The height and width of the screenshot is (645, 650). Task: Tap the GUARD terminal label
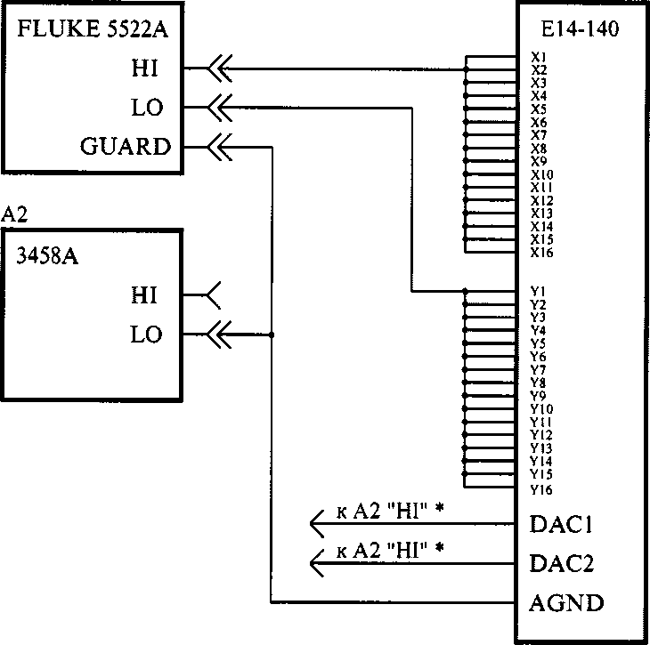[126, 147]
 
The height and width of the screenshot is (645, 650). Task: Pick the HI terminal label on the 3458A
[144, 295]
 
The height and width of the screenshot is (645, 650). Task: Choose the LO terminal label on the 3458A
[146, 335]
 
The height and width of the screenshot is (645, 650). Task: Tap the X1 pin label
[539, 57]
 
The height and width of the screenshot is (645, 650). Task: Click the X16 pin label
[541, 253]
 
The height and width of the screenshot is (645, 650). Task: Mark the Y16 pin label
[541, 488]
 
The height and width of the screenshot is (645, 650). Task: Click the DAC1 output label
[561, 525]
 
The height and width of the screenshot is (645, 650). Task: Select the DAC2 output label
[562, 564]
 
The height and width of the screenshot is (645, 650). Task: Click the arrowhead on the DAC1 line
[317, 525]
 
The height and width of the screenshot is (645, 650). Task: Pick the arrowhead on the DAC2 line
[317, 562]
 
